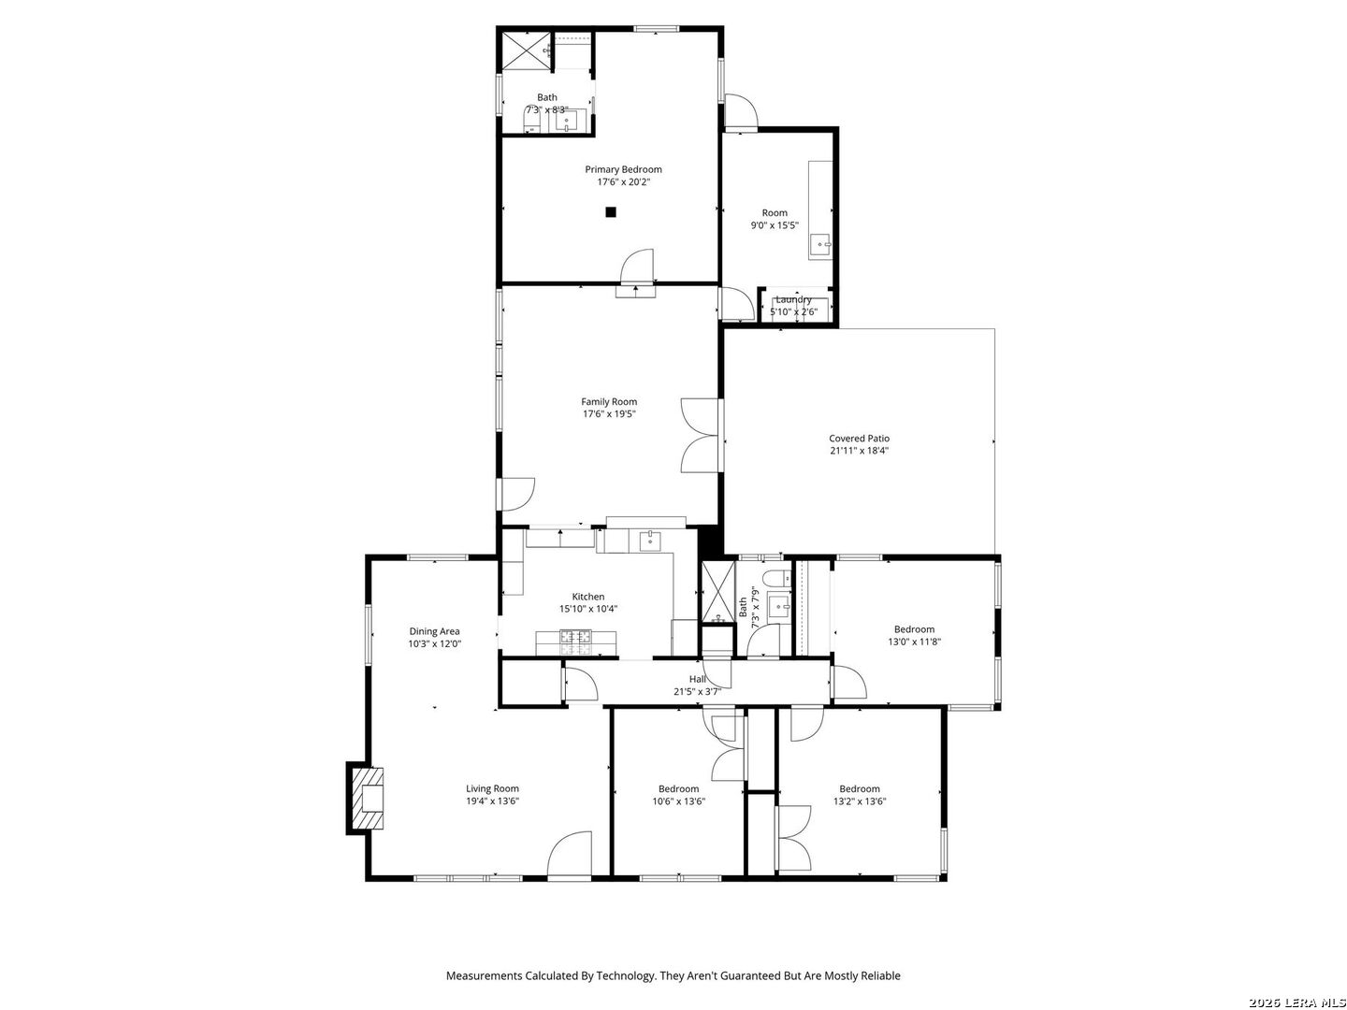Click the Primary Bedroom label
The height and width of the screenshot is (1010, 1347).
[623, 169]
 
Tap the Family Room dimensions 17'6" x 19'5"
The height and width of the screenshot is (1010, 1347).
[609, 414]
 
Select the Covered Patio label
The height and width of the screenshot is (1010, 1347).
[859, 439]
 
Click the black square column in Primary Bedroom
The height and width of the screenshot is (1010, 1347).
[610, 212]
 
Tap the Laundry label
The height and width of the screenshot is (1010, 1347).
[793, 300]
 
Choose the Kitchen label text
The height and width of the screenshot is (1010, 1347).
[587, 597]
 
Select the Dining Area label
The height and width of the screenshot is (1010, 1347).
[434, 631]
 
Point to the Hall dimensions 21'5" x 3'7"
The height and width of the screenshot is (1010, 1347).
[697, 692]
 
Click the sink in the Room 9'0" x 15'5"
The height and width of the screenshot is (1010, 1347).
[819, 245]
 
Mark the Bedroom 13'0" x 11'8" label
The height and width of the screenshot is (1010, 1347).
[914, 629]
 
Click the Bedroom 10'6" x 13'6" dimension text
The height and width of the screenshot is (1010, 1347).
[678, 801]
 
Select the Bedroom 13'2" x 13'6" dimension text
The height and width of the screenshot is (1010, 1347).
[859, 801]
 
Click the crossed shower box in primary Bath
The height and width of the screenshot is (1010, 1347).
[526, 50]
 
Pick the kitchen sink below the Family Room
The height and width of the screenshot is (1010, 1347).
[649, 541]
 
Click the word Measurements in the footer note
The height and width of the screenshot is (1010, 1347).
[484, 975]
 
